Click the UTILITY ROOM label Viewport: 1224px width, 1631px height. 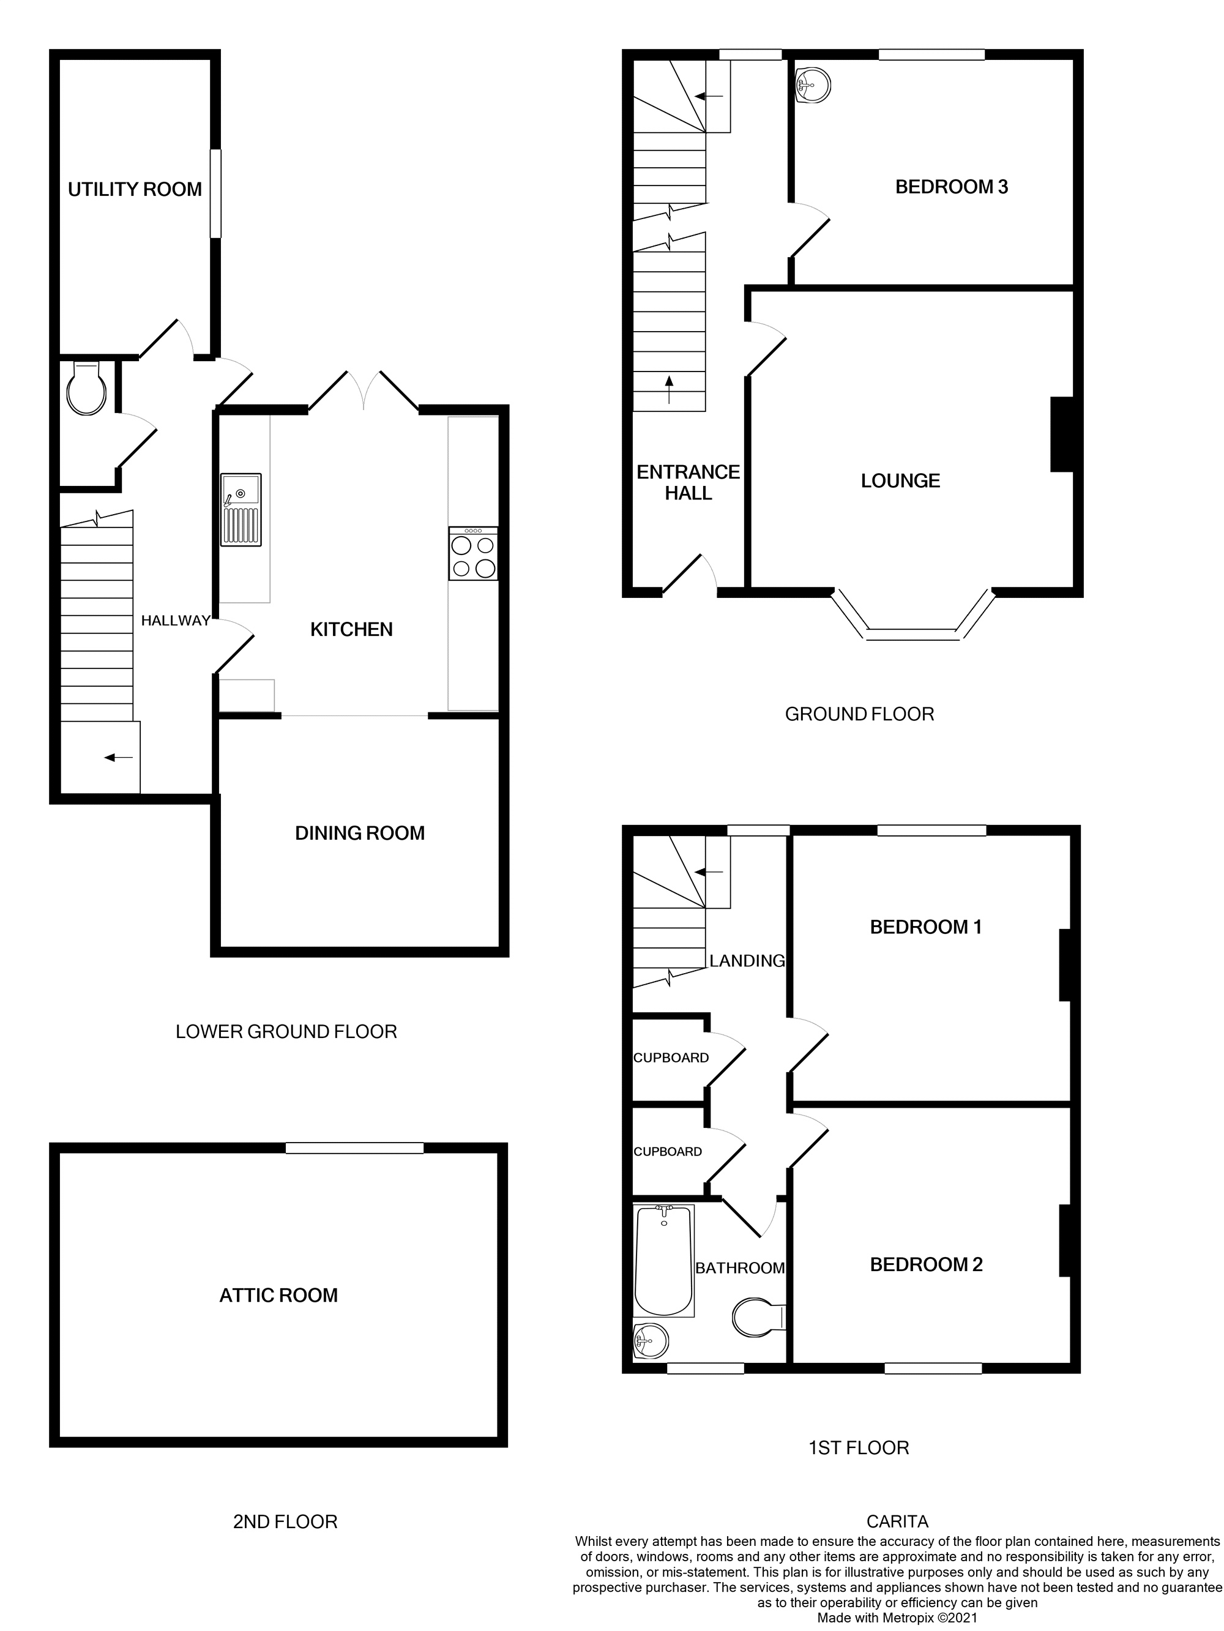tap(135, 190)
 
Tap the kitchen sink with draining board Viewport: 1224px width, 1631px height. tap(241, 510)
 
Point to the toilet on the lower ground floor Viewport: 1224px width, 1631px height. tap(87, 388)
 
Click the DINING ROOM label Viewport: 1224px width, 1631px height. tap(360, 833)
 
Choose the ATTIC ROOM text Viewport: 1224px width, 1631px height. tap(278, 1295)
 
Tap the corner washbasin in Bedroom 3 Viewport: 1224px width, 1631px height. tap(813, 84)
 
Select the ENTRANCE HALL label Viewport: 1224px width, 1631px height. tap(688, 482)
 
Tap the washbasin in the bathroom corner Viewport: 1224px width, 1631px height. tap(651, 1340)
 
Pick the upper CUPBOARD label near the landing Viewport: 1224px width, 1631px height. tap(671, 1058)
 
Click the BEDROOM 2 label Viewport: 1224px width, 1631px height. tap(926, 1264)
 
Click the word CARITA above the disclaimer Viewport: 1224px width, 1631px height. tap(897, 1521)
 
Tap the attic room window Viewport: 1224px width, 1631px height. tap(355, 1148)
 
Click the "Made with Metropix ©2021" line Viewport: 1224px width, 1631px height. tap(897, 1618)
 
